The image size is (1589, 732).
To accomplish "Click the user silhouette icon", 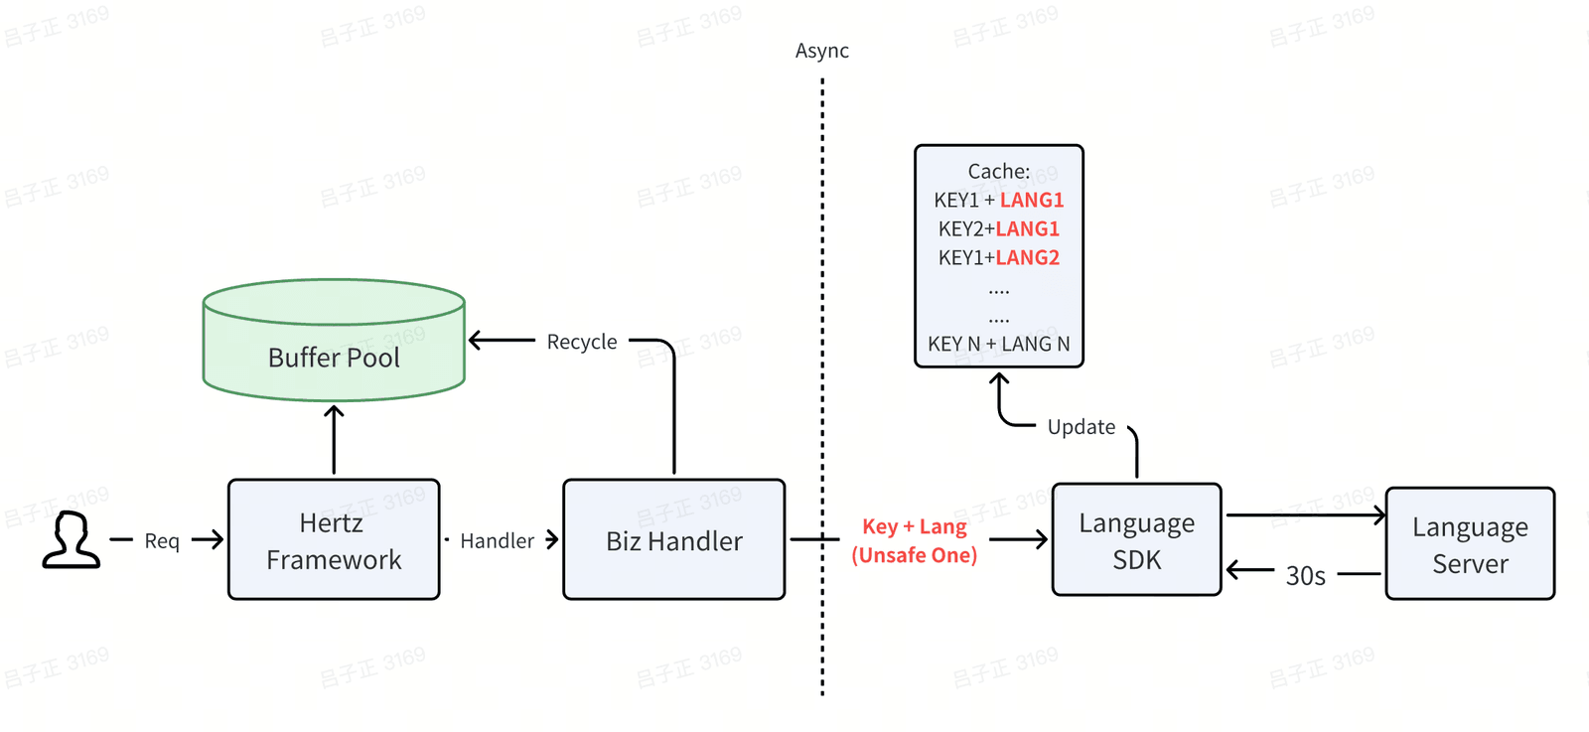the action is pos(71,539).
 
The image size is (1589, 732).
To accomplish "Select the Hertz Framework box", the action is pos(334,539).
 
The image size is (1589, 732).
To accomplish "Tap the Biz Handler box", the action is pos(674,539).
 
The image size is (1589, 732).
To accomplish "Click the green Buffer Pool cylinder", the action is pos(334,340).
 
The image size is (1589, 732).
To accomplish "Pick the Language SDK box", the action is pos(1136,539).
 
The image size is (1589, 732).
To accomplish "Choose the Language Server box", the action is pos(1470,543).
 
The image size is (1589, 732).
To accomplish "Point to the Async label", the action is pos(822,51).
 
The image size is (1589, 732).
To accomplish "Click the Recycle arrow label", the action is pos(582,342).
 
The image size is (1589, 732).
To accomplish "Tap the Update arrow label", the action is pos(1082,427).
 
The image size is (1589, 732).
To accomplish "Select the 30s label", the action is pos(1305,576).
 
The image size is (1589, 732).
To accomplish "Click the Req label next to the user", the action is pos(162,541).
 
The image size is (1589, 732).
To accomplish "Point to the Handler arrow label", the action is pos(497,541).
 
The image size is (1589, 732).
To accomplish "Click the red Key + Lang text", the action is pos(915,526).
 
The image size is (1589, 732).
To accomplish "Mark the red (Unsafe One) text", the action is pos(915,554).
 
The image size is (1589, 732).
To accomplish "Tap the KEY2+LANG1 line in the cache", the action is pos(999,228).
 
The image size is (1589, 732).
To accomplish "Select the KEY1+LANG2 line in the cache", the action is pos(999,257).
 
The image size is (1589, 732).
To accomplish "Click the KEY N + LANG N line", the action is pos(999,344).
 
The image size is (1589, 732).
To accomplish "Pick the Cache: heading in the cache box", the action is pos(999,171).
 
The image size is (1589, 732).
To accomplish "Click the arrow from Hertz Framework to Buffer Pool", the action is pos(334,440).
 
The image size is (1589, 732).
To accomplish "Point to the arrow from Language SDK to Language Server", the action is pos(1306,514).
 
